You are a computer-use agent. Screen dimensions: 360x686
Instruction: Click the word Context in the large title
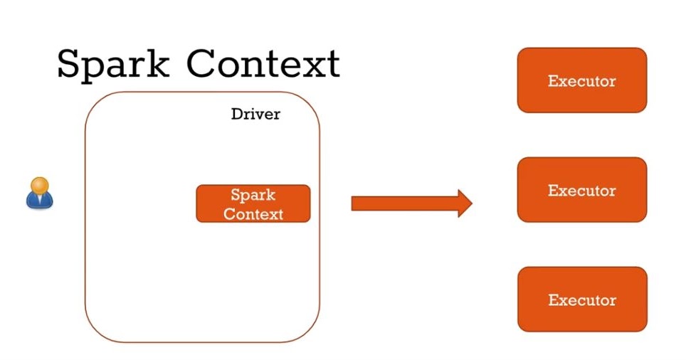[x=263, y=64]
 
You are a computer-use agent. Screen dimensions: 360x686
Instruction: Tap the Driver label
[x=255, y=114]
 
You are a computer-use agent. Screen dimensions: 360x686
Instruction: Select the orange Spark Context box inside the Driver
[x=253, y=203]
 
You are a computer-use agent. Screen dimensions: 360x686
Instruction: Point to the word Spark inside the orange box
[x=253, y=195]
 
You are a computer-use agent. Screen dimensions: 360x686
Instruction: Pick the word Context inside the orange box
[x=253, y=213]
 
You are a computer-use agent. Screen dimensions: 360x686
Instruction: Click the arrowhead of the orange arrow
[x=465, y=203]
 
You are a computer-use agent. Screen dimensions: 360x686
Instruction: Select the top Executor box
[x=581, y=80]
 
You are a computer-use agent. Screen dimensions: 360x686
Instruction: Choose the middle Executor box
[x=581, y=190]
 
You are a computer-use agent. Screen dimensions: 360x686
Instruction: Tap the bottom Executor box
[x=581, y=300]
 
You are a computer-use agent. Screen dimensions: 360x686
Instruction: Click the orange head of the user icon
[x=41, y=184]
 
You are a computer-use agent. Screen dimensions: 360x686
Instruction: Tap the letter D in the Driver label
[x=236, y=114]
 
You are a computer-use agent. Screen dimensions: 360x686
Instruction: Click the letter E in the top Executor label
[x=552, y=81]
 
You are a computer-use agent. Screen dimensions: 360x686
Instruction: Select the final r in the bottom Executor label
[x=613, y=301]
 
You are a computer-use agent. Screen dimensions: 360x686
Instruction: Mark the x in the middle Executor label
[x=563, y=191]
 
